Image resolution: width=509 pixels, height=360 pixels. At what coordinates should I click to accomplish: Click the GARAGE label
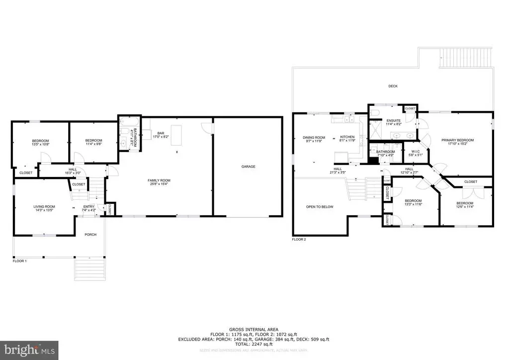(x=248, y=167)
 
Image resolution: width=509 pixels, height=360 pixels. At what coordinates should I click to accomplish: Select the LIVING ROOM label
(x=44, y=206)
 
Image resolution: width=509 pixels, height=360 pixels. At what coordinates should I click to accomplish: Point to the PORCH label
(x=90, y=235)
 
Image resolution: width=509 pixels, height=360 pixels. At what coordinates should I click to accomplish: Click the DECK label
(x=393, y=86)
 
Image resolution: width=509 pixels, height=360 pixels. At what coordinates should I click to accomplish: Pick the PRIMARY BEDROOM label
(x=457, y=140)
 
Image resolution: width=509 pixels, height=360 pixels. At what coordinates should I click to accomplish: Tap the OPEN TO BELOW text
(x=320, y=206)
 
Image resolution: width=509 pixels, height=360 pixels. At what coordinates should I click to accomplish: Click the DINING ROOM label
(x=314, y=137)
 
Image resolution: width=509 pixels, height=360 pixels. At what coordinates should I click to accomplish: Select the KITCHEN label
(x=346, y=137)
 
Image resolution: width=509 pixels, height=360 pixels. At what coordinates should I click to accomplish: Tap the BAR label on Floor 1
(x=161, y=133)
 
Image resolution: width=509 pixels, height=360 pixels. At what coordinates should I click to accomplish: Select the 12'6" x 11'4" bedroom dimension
(x=465, y=207)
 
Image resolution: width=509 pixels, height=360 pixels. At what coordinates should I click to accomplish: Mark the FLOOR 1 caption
(x=20, y=260)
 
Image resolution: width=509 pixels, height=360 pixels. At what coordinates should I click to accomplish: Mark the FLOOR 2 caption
(x=299, y=240)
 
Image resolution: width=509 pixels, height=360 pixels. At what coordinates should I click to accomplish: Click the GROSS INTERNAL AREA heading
(x=254, y=329)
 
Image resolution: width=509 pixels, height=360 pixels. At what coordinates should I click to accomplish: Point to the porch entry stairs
(x=89, y=270)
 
